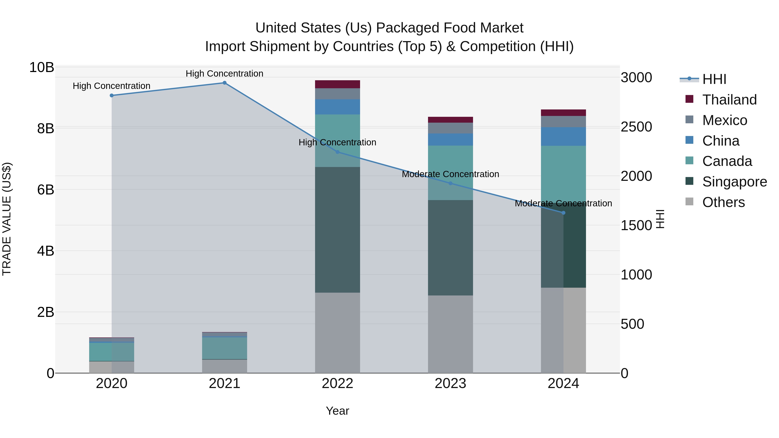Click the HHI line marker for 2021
coord(224,83)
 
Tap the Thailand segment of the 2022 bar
coord(338,84)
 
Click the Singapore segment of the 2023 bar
coord(450,248)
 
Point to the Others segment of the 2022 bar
coord(338,332)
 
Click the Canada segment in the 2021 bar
coord(224,348)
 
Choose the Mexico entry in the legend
coord(724,120)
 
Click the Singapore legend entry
coord(734,182)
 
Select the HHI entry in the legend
coord(714,79)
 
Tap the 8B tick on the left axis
coord(45,128)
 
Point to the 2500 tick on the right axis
coord(636,127)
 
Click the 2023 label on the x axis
coord(450,383)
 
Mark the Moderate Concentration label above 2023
coord(450,174)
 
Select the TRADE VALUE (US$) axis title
coord(7,219)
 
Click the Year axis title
coord(338,411)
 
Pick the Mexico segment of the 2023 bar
coord(450,128)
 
